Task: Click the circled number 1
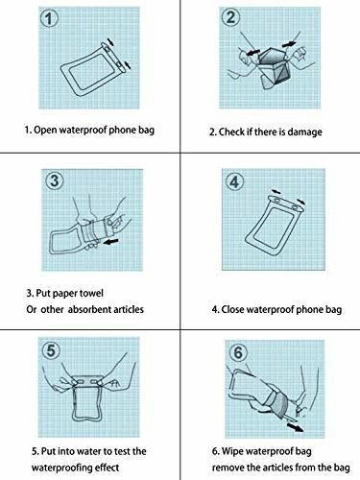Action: click(x=49, y=18)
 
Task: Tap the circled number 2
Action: click(x=230, y=16)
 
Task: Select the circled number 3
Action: click(x=55, y=180)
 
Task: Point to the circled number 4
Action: click(x=234, y=181)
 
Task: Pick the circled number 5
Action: click(x=51, y=350)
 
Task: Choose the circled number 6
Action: click(x=238, y=352)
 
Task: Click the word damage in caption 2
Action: click(x=304, y=132)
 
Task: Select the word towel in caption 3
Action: click(x=91, y=293)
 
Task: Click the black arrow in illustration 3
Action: click(x=110, y=242)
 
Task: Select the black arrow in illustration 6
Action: click(x=295, y=427)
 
